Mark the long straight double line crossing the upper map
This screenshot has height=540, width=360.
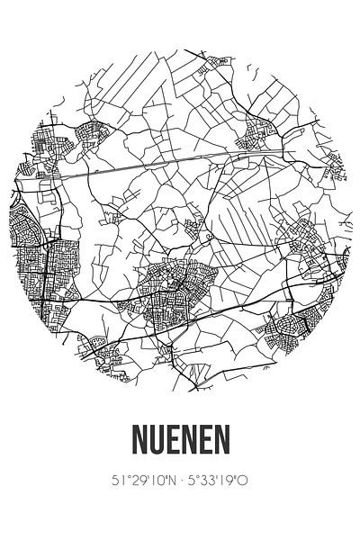tap(180, 159)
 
